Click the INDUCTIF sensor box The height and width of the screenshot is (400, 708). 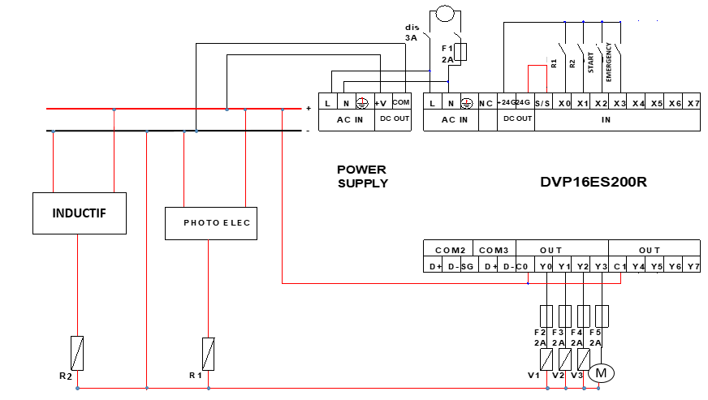(79, 213)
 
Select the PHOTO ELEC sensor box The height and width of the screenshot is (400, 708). (211, 223)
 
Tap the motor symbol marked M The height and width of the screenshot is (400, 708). (602, 373)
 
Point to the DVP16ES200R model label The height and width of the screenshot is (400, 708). (594, 182)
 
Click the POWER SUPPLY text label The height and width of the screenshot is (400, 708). (362, 176)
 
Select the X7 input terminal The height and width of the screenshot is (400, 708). (692, 104)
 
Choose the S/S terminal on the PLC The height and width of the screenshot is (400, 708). (542, 104)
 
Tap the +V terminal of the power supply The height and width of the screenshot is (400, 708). (380, 103)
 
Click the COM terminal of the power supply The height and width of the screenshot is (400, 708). (401, 103)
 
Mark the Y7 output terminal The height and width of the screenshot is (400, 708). (692, 266)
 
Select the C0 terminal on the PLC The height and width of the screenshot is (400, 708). (522, 266)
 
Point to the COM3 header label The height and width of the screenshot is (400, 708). (493, 250)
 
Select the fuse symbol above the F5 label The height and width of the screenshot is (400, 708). (602, 316)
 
